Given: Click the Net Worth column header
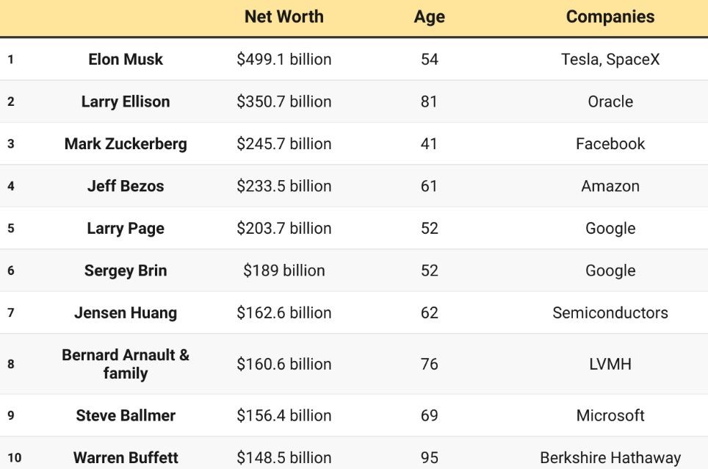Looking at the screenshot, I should point(283,17).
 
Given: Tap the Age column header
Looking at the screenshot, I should point(429,18).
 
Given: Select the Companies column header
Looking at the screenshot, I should point(610,17).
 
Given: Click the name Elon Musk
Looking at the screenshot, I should point(126,60).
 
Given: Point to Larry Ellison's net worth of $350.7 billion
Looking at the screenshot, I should point(283,101).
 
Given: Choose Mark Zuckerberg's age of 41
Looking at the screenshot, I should point(429,144).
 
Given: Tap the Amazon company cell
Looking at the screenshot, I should point(610,186).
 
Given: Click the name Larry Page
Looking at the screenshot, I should point(126,229).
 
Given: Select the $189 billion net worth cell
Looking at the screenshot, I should point(283,271).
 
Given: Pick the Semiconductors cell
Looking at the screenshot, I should point(610,313).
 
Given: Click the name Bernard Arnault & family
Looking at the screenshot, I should point(126,364).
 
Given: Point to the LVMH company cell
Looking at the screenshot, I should point(610,364).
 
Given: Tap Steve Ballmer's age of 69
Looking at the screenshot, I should point(429,415).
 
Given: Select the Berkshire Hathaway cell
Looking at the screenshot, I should point(610,458).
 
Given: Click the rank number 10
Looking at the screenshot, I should point(14,458).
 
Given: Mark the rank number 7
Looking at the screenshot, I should point(10,313).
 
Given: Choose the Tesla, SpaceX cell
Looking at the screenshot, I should point(610,60).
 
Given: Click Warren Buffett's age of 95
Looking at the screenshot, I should point(429,458).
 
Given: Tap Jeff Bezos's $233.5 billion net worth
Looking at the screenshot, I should point(283,186).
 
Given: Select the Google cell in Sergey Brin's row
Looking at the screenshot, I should point(610,271).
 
